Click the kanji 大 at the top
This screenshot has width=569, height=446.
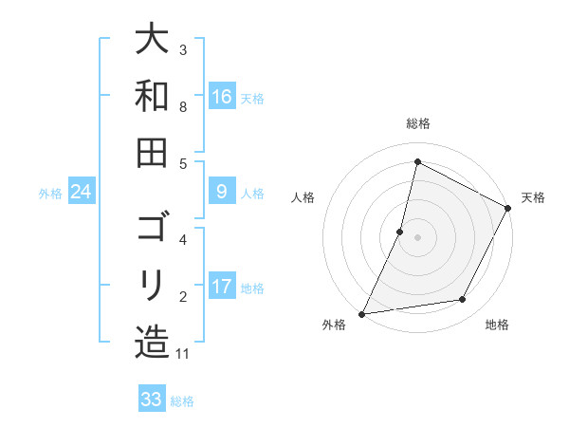pyautogui.click(x=152, y=40)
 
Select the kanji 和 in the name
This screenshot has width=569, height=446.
pyautogui.click(x=152, y=96)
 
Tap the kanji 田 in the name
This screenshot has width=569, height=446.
pyautogui.click(x=152, y=152)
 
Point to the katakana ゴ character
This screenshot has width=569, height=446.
pyautogui.click(x=152, y=231)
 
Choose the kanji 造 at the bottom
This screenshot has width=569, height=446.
pyautogui.click(x=152, y=342)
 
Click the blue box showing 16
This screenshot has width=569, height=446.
pyautogui.click(x=221, y=96)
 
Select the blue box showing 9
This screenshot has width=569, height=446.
pyautogui.click(x=221, y=192)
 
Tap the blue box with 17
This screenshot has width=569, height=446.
pyautogui.click(x=221, y=287)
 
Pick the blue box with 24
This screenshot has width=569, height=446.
pyautogui.click(x=82, y=192)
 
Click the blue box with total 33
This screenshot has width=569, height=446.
pyautogui.click(x=151, y=400)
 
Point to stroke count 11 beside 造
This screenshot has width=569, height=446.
pyautogui.click(x=184, y=354)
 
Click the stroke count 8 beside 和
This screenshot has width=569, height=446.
pyautogui.click(x=183, y=106)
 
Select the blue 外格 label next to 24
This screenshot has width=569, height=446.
pyautogui.click(x=50, y=193)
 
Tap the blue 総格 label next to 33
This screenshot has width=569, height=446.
pyautogui.click(x=182, y=400)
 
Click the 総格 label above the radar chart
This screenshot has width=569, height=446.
pyautogui.click(x=417, y=123)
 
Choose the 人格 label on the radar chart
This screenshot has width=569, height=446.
pyautogui.click(x=303, y=197)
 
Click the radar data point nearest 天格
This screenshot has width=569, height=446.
pyautogui.click(x=509, y=210)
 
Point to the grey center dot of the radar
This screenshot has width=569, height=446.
pyautogui.click(x=417, y=236)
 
